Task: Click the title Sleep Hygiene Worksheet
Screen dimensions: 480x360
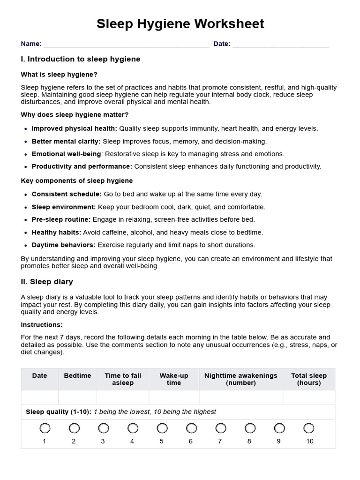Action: [180, 24]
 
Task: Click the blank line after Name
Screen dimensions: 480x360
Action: [127, 45]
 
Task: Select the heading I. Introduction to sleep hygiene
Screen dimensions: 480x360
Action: [81, 60]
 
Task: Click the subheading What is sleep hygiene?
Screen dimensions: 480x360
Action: [59, 75]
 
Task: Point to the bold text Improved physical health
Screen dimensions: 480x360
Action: [74, 128]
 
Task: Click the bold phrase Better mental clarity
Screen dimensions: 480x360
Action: [66, 141]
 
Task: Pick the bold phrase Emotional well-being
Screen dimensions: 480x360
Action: [66, 154]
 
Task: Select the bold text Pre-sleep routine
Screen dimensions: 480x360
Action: [61, 219]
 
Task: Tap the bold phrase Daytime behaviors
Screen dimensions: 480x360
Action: [63, 245]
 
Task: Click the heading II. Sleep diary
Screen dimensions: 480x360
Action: [47, 282]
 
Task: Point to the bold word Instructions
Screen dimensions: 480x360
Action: [41, 325]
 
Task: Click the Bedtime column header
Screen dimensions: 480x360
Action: [77, 376]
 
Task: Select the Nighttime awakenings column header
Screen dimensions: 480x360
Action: [241, 379]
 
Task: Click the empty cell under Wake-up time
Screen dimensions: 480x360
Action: [173, 397]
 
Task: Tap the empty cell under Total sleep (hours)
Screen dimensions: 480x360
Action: [308, 397]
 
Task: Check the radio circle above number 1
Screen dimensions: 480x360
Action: [45, 428]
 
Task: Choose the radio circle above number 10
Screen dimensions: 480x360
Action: [309, 428]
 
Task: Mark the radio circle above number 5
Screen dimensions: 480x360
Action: [162, 428]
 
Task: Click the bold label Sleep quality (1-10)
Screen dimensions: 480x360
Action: [58, 412]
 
